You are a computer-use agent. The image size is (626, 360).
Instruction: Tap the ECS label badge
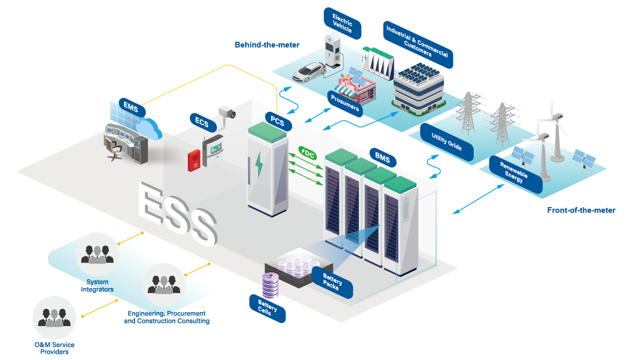coord(202,123)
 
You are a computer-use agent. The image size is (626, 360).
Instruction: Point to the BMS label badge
coord(382,156)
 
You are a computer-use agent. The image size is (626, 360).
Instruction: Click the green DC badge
coord(307,153)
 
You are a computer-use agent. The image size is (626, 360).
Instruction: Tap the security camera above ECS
coord(227,113)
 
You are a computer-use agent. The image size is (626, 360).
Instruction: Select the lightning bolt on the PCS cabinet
coord(259,163)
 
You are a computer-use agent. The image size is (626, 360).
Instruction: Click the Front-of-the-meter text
coord(581,210)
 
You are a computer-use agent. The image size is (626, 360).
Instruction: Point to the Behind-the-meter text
coord(267,45)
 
